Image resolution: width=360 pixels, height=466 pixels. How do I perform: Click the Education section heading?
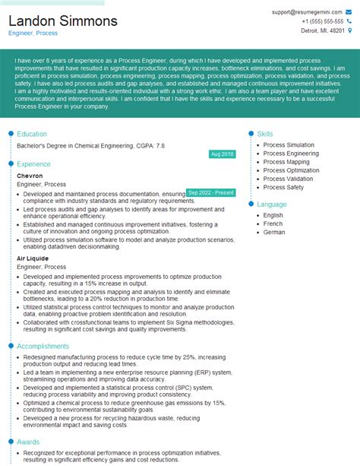click(x=32, y=134)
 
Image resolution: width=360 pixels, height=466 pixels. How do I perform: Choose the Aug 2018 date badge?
click(x=222, y=154)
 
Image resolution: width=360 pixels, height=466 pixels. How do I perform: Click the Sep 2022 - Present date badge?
click(x=210, y=193)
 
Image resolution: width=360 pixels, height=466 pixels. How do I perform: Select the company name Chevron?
click(x=30, y=176)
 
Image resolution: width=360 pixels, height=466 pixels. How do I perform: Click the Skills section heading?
click(x=265, y=134)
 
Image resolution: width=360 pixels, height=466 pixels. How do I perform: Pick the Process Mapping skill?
click(x=286, y=162)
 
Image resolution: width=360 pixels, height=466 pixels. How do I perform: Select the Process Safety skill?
click(x=283, y=187)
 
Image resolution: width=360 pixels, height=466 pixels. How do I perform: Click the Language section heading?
click(x=272, y=204)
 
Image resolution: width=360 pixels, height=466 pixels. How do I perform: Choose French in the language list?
click(x=273, y=223)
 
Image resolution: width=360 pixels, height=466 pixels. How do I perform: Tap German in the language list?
click(x=274, y=232)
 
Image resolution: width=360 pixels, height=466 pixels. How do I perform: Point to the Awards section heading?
click(x=28, y=442)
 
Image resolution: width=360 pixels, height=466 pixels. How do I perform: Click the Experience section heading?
click(x=33, y=163)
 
